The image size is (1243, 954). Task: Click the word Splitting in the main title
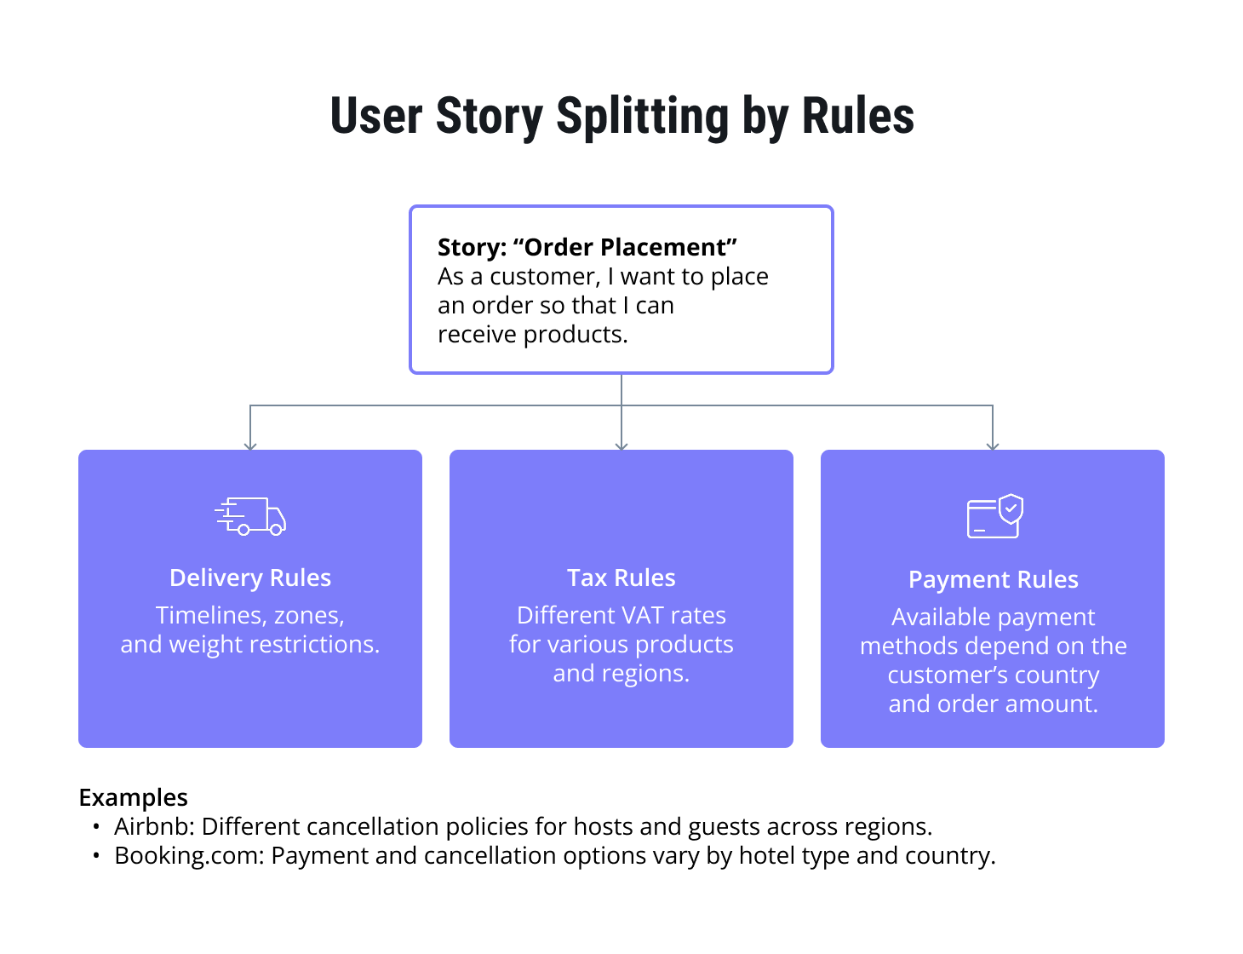tap(642, 117)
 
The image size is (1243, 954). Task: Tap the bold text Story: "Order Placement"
tap(587, 247)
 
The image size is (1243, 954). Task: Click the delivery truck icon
tap(250, 516)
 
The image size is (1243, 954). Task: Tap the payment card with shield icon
tap(994, 516)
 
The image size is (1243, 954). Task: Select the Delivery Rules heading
tap(250, 578)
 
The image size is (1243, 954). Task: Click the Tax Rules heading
tap(621, 578)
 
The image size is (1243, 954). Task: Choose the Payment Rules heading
tap(993, 579)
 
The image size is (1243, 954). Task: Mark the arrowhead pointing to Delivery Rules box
tap(250, 445)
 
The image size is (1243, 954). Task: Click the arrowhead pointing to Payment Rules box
tap(993, 445)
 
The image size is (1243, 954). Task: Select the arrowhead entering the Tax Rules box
tap(621, 445)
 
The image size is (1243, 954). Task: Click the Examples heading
tap(133, 797)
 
